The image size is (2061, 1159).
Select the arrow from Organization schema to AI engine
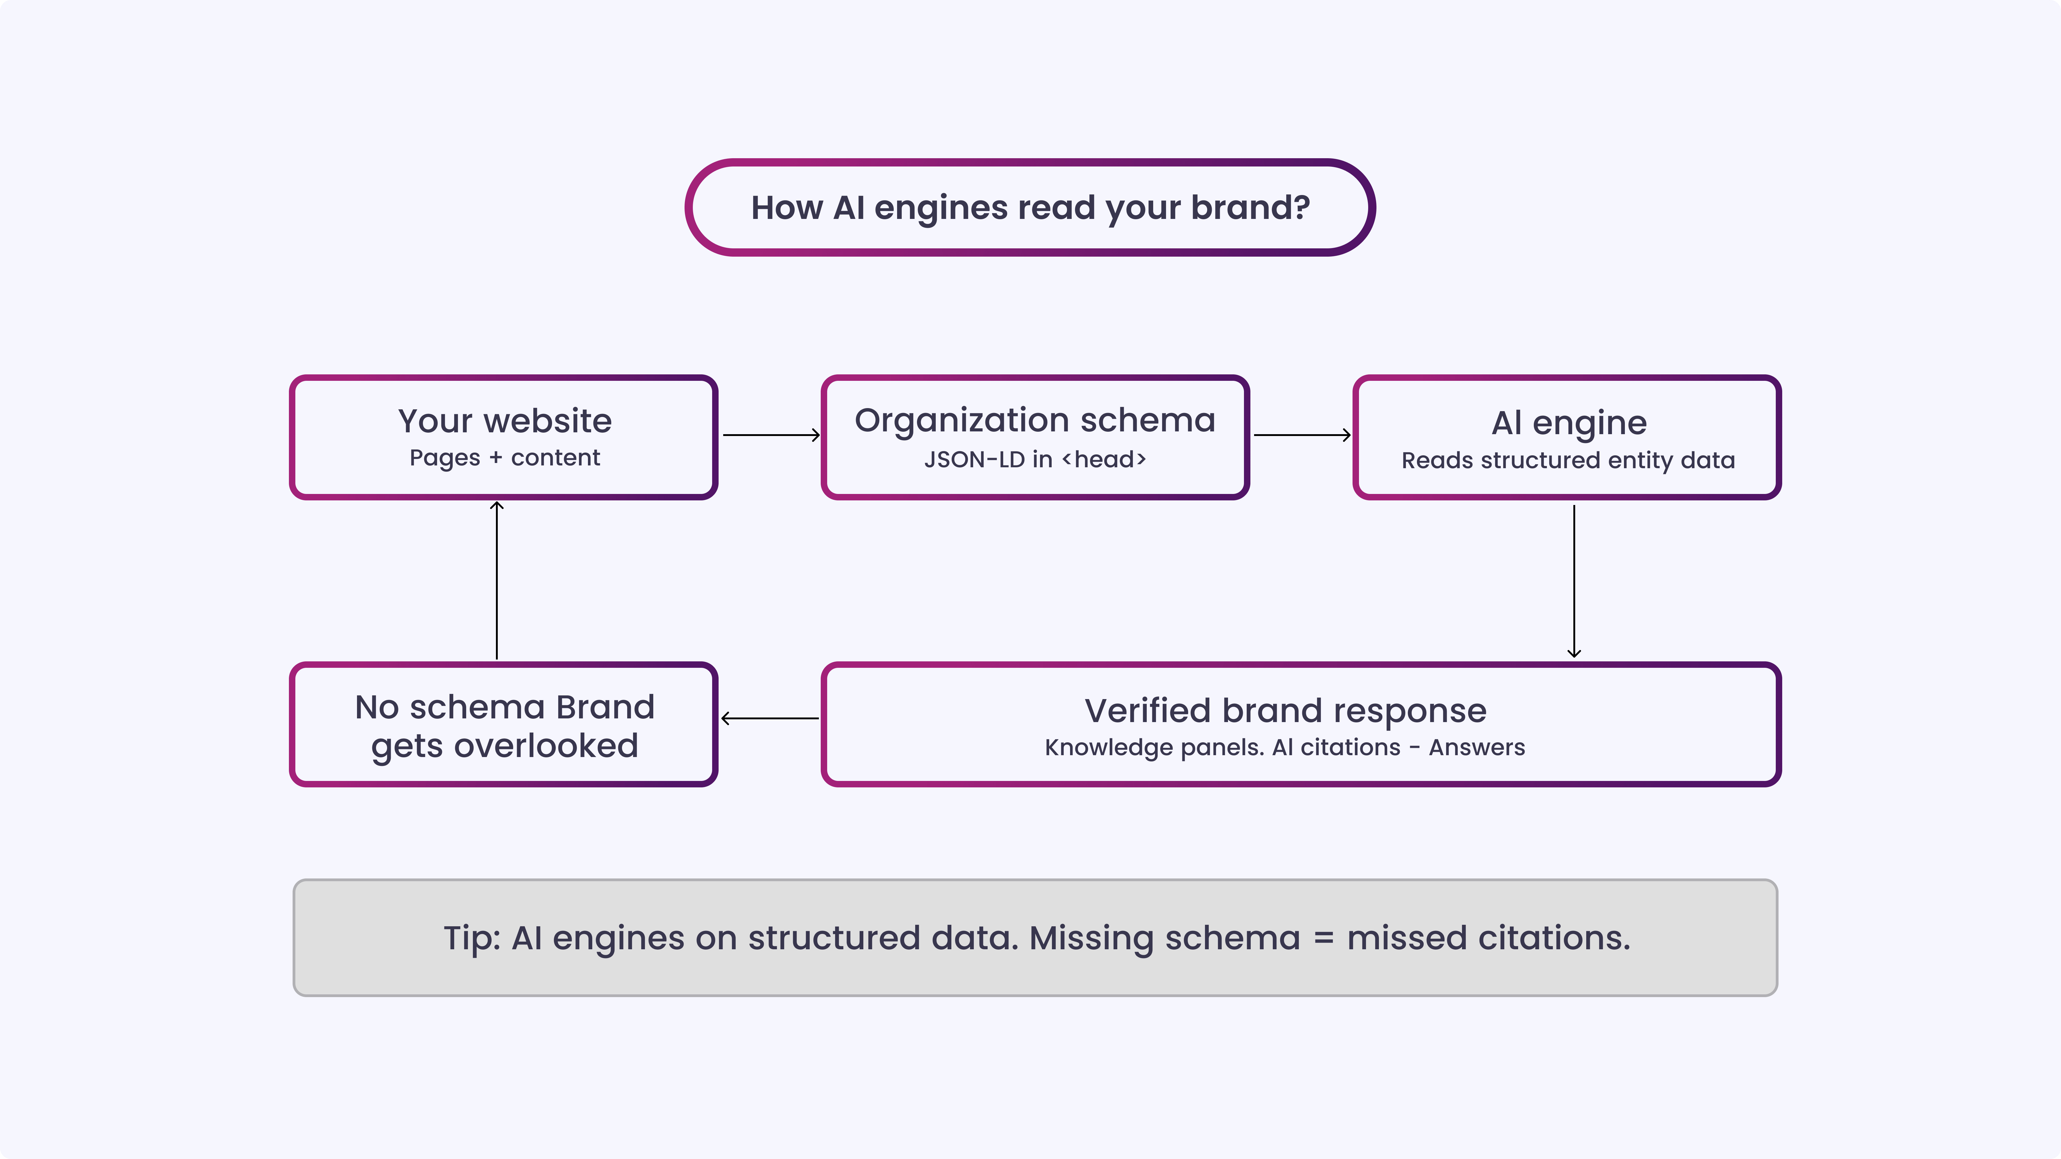click(x=1302, y=435)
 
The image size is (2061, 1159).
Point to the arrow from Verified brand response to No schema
click(x=770, y=718)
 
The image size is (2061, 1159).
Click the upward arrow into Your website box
click(x=497, y=581)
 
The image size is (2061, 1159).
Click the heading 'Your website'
click(x=505, y=421)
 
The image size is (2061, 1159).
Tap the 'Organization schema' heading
click(x=1034, y=421)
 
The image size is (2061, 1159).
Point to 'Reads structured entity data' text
click(x=1568, y=461)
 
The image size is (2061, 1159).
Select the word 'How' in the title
click(x=786, y=208)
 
